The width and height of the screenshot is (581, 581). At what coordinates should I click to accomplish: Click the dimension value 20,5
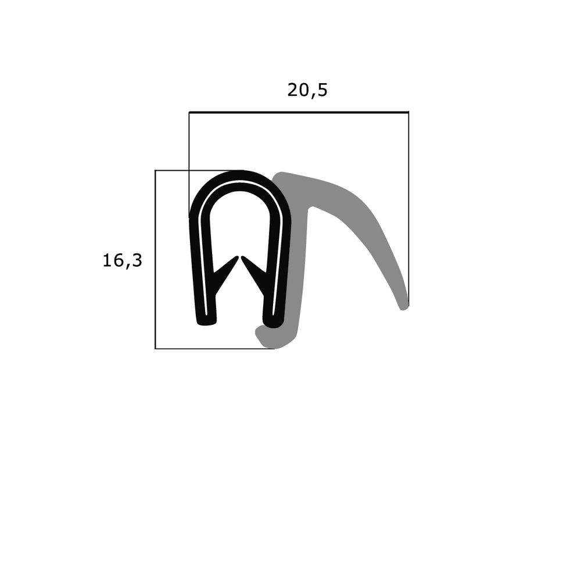point(307,90)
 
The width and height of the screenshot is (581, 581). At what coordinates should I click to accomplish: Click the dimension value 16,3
point(122,261)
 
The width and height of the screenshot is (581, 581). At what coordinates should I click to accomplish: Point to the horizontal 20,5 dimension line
point(299,112)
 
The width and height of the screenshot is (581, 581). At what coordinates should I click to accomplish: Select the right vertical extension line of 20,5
point(408,203)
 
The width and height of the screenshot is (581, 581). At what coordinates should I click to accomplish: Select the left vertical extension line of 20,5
point(189,145)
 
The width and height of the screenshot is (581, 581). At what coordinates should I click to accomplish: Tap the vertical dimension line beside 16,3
point(155,261)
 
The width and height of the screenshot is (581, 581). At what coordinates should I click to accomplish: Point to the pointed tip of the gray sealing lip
point(404,305)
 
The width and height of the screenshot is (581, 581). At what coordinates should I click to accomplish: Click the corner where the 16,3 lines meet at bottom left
point(155,349)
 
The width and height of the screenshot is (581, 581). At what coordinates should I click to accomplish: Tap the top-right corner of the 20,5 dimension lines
point(408,112)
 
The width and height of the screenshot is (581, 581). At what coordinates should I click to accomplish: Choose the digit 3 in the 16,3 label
point(137,261)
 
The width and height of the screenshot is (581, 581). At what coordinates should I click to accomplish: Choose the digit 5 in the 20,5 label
point(322,90)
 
